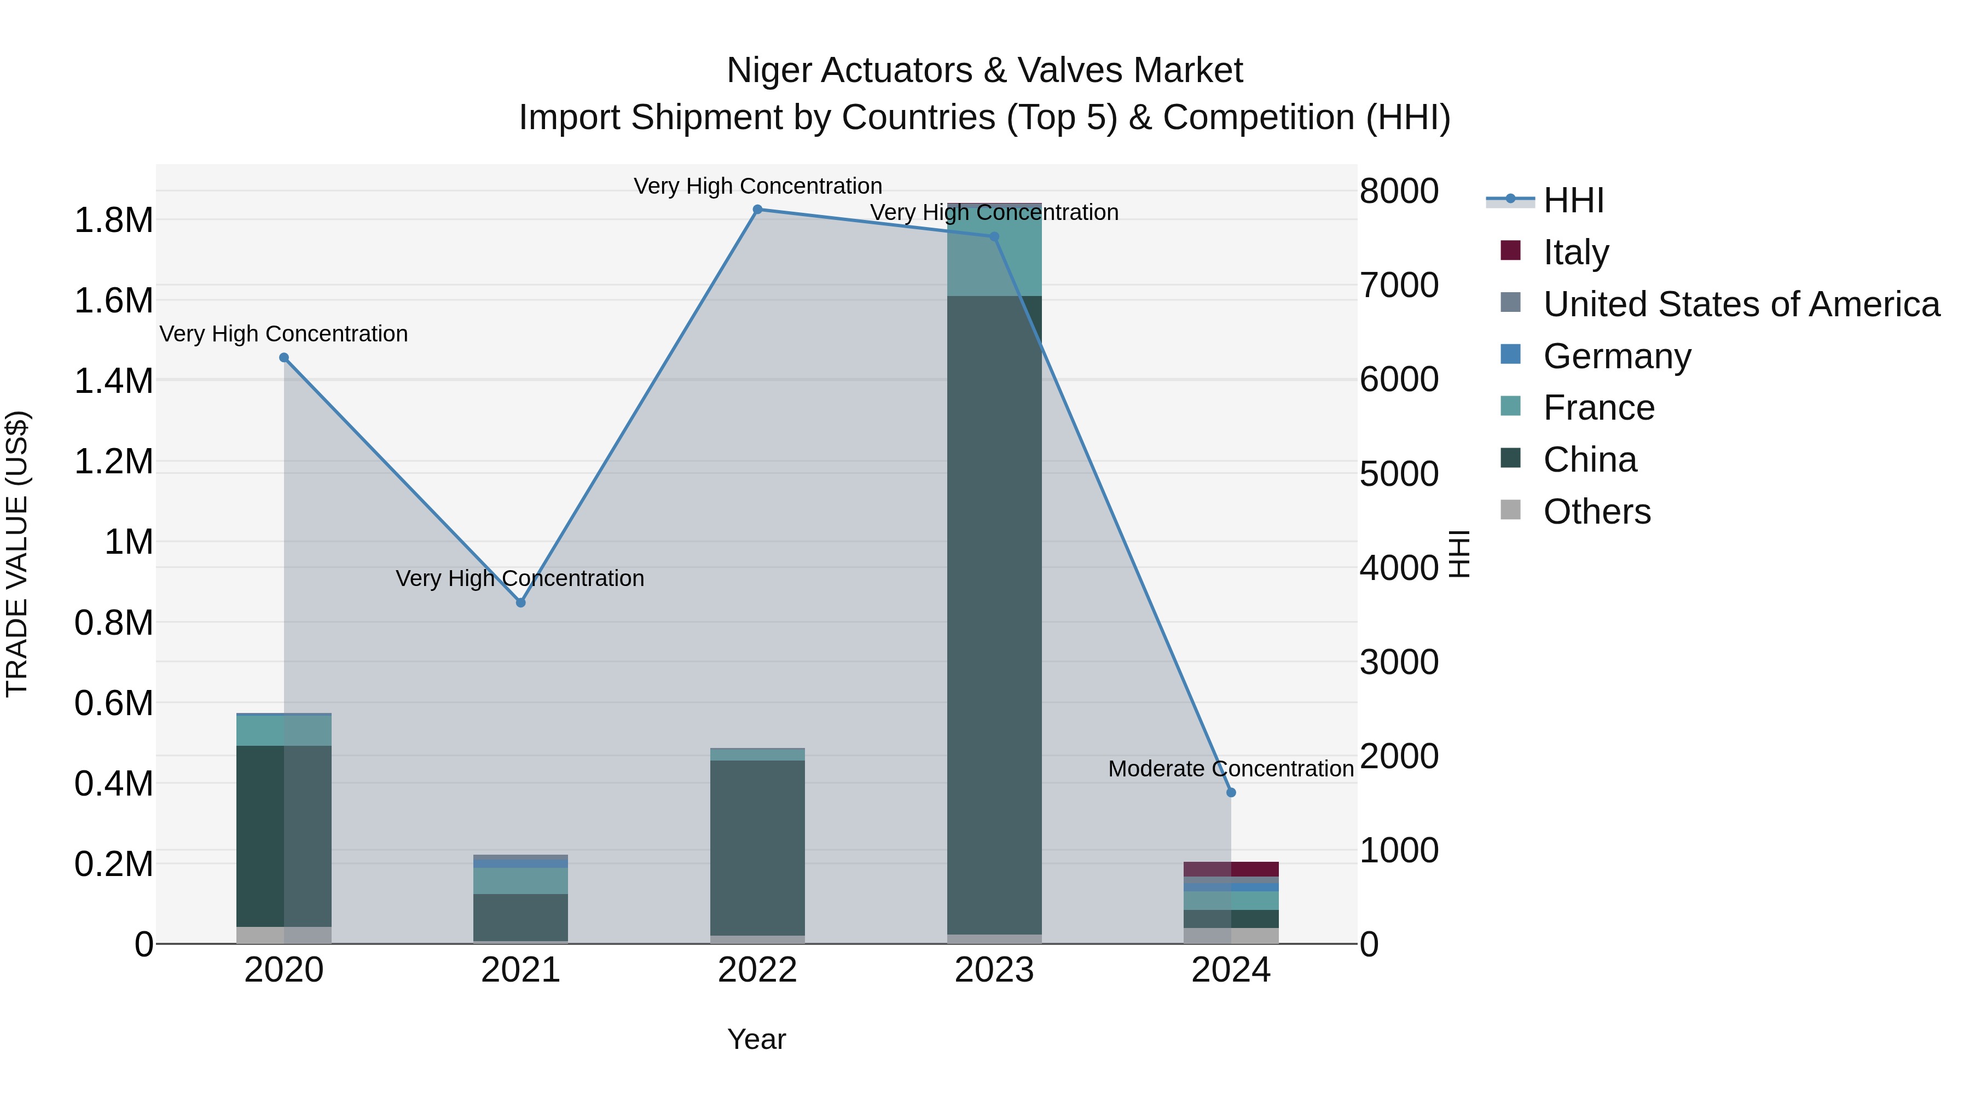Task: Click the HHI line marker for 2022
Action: (757, 210)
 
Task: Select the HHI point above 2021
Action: (521, 602)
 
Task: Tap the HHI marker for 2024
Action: (1231, 792)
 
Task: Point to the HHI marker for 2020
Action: (283, 358)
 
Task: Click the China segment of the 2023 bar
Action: (994, 612)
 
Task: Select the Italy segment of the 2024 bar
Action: (1231, 869)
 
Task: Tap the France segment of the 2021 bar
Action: (521, 881)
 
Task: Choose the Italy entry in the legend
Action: (1576, 252)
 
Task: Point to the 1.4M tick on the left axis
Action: (113, 381)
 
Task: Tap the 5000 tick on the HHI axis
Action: (1399, 473)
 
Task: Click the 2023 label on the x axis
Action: (994, 970)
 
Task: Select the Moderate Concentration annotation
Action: (1231, 769)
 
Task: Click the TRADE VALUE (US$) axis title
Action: (17, 554)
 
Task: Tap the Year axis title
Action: (756, 1039)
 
